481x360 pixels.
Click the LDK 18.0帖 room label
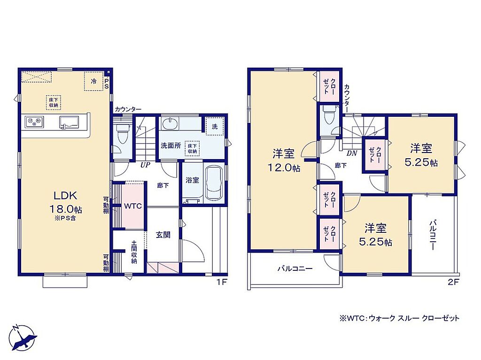click(65, 202)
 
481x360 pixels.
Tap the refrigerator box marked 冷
click(93, 81)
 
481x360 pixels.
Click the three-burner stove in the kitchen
click(34, 122)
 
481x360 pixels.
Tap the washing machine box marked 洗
click(214, 126)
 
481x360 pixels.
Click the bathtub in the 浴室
click(214, 184)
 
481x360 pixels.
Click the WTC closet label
click(133, 206)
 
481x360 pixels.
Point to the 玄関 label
click(163, 235)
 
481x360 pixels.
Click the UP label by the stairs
click(145, 165)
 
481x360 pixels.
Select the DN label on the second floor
click(352, 153)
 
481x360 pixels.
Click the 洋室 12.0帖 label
click(284, 160)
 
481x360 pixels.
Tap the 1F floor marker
click(222, 282)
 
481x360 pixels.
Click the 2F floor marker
click(453, 282)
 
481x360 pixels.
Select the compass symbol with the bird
click(23, 337)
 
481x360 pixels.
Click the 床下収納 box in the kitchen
click(54, 102)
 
